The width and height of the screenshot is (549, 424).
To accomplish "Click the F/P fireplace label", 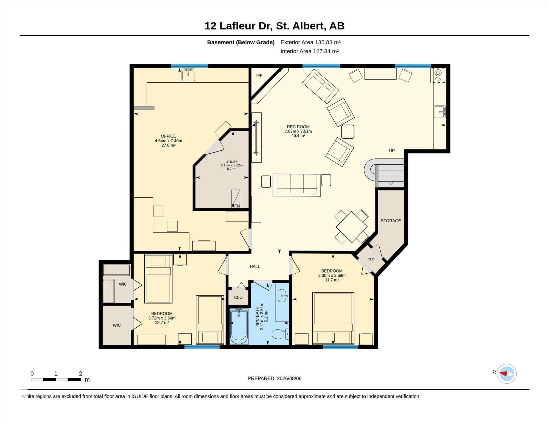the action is click(259, 76).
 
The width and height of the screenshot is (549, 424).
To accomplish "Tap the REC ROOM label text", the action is click(298, 127).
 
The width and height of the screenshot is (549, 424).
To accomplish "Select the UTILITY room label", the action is click(232, 162).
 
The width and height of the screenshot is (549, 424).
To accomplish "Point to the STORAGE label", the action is click(391, 221).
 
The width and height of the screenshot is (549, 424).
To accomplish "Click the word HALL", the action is click(255, 266).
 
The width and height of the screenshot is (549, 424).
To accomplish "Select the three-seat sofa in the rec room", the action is click(297, 185).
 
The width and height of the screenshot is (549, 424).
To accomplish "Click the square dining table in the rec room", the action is click(351, 227).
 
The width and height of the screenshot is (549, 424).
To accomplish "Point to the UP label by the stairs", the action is click(392, 151).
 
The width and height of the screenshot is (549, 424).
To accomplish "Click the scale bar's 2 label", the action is click(80, 374).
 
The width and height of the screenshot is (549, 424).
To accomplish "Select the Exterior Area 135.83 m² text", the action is click(310, 42).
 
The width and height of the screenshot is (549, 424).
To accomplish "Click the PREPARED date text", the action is click(274, 378).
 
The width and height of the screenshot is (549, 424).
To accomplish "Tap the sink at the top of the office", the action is click(188, 75).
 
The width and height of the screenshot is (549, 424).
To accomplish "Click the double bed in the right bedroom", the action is click(333, 319).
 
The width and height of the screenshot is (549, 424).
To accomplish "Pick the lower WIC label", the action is click(117, 325).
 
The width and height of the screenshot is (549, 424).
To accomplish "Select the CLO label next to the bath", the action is click(238, 297).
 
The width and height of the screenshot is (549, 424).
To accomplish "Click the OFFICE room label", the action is click(168, 136).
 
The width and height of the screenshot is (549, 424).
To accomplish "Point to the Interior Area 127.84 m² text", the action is click(309, 51).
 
